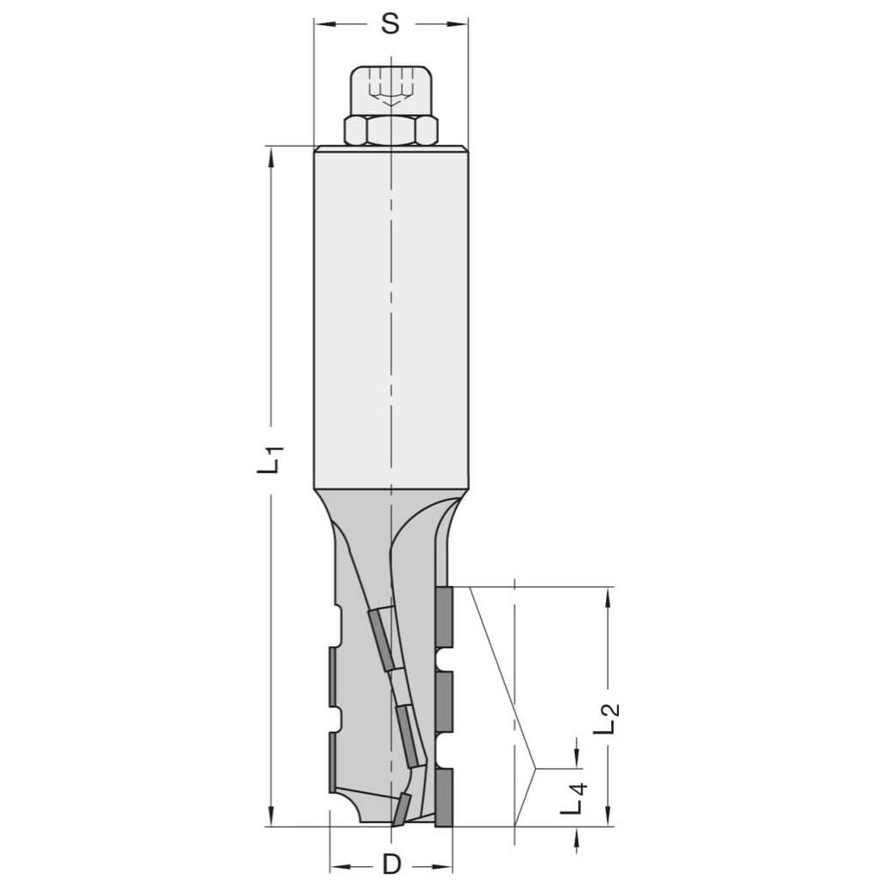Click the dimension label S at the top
[x=390, y=24]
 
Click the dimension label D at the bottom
[x=392, y=863]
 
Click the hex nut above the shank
[x=390, y=130]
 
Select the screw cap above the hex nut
[x=390, y=89]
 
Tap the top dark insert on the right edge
[x=445, y=617]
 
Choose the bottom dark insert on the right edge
[x=445, y=797]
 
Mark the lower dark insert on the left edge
[x=333, y=762]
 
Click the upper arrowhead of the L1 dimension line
[x=271, y=154]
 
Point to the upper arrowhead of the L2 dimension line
[x=609, y=595]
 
